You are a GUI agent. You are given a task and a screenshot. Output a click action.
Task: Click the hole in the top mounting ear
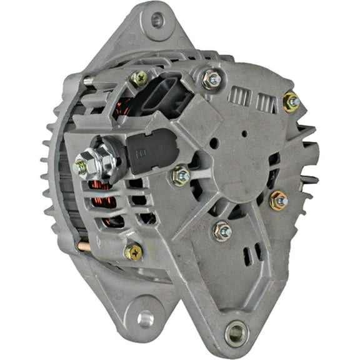point(157,21)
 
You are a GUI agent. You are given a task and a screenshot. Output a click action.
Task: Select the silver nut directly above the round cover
point(212,79)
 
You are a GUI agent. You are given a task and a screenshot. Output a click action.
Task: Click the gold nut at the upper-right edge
point(291,101)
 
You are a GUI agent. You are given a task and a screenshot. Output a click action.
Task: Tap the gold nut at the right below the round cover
point(279,201)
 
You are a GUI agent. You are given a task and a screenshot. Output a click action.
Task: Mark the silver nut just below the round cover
point(221,231)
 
